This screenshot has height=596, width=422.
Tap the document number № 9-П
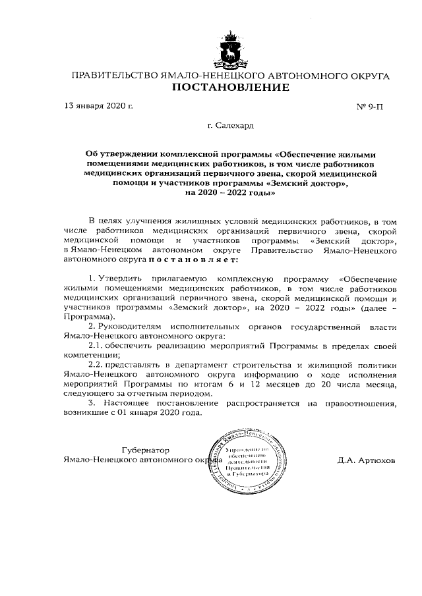point(370,107)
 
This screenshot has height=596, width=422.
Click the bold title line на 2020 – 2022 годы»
point(229,194)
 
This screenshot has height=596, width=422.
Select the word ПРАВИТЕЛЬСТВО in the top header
point(114,76)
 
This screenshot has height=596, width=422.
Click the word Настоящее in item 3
point(129,402)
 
